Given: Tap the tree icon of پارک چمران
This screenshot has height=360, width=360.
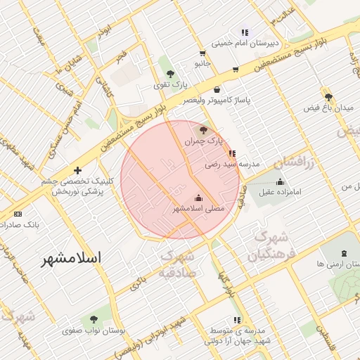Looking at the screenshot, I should [x=204, y=129].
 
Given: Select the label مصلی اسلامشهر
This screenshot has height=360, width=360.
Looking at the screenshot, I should [x=198, y=209].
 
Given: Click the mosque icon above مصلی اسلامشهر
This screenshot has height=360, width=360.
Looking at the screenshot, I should [x=198, y=198].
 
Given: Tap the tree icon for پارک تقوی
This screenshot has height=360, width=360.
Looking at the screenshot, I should [x=169, y=74].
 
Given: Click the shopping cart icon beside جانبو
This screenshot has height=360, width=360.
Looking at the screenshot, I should [x=202, y=53].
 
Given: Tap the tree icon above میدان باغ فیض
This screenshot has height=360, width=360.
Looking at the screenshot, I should [x=328, y=96].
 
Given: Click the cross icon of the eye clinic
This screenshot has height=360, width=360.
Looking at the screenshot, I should [x=77, y=170].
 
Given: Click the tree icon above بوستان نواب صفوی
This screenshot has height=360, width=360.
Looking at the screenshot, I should [x=94, y=319].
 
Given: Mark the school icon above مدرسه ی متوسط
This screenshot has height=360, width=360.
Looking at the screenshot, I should [x=236, y=320].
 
